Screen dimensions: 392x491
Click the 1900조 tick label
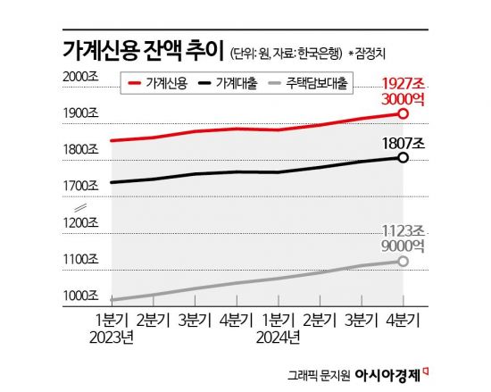[81, 113]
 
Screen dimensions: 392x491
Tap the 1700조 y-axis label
[81, 187]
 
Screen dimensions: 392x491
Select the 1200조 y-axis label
[81, 222]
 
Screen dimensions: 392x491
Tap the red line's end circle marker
[403, 113]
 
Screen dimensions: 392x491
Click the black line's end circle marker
[403, 158]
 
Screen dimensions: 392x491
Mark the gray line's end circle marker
[403, 261]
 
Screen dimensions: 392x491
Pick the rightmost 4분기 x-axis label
[404, 320]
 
